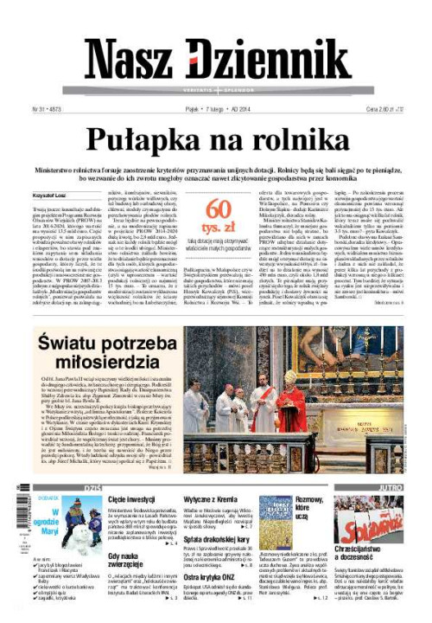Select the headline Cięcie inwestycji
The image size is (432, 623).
tap(130, 500)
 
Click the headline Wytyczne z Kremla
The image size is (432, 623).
tap(212, 500)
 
